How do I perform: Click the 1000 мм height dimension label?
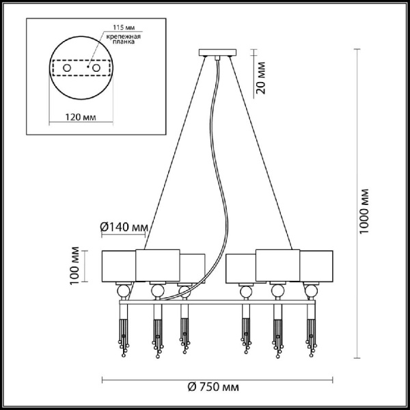pyautogui.click(x=364, y=211)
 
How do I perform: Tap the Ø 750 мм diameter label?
pyautogui.click(x=213, y=387)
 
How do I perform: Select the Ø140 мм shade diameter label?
pyautogui.click(x=124, y=227)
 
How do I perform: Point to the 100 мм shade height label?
pyautogui.click(x=75, y=266)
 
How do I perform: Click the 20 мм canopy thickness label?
pyautogui.click(x=261, y=78)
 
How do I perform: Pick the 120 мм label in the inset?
pyautogui.click(x=81, y=117)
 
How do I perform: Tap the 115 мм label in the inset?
pyautogui.click(x=122, y=27)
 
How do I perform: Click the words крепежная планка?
pyautogui.click(x=124, y=39)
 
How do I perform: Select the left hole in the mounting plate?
pyautogui.click(x=67, y=68)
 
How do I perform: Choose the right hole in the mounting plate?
pyautogui.click(x=96, y=68)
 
